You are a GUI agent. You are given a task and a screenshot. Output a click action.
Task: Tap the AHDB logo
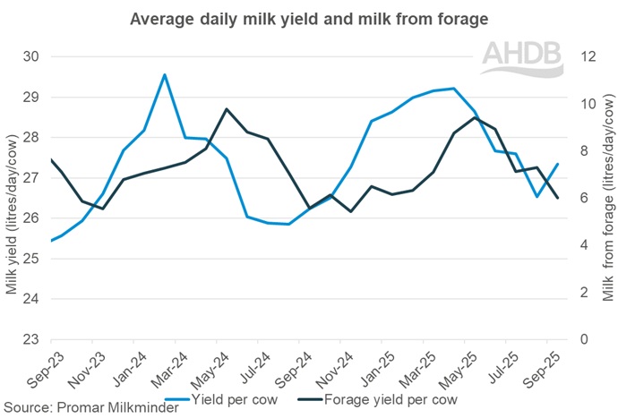tap(525, 57)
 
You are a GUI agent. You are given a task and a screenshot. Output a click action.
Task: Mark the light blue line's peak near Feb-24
tap(164, 74)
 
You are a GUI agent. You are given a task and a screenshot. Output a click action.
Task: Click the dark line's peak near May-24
tap(227, 109)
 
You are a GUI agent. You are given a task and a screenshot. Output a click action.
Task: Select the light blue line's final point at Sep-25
tap(558, 164)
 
